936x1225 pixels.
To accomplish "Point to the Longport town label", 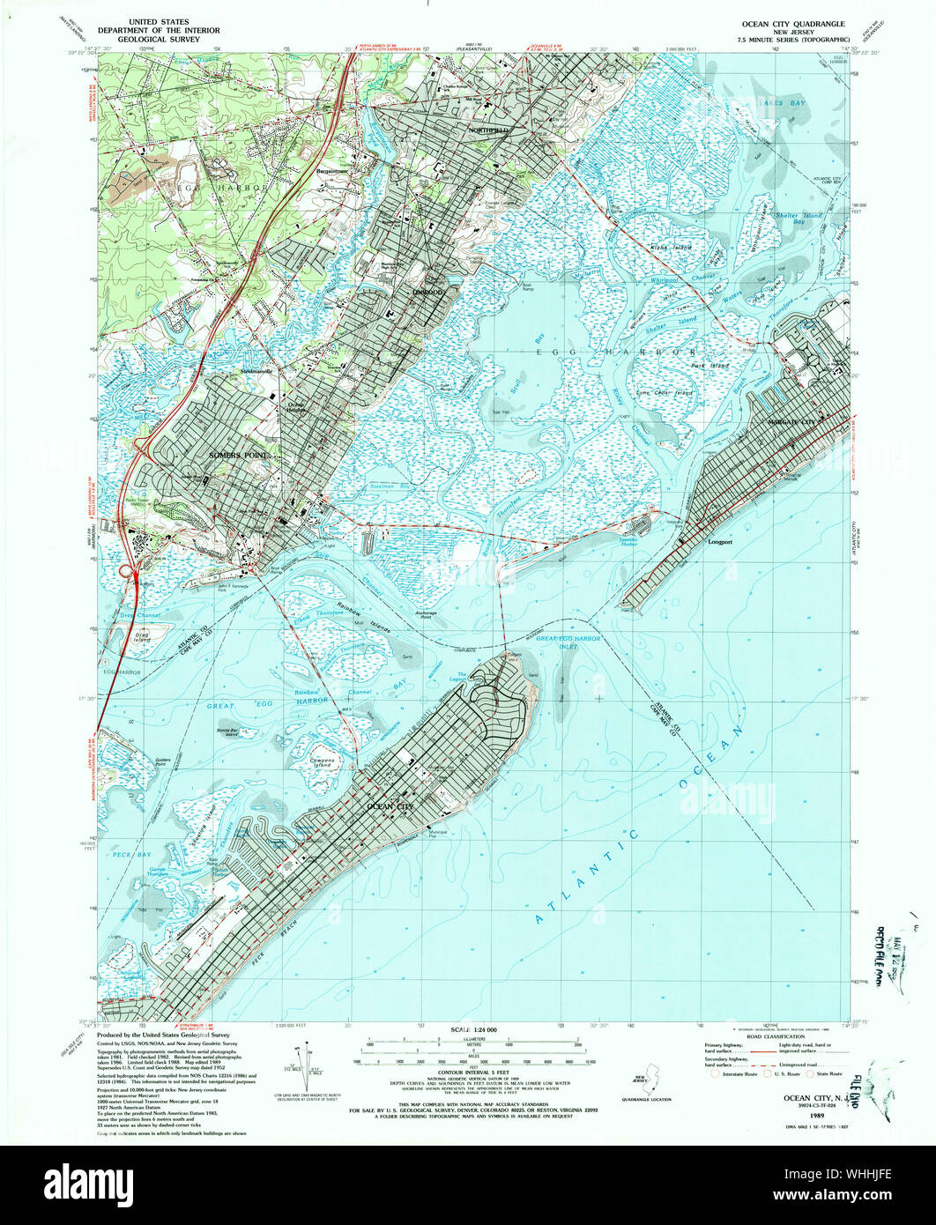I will (x=721, y=543).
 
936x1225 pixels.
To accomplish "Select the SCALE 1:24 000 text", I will (x=473, y=1030).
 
